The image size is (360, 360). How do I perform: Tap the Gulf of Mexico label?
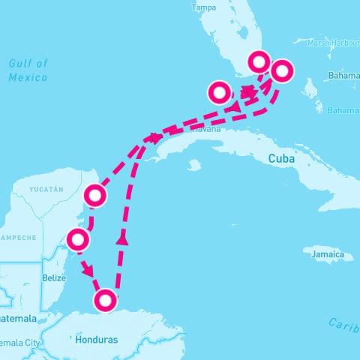tap(28, 70)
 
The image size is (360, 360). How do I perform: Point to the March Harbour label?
tap(333, 42)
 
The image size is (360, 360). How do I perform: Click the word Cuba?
tap(281, 160)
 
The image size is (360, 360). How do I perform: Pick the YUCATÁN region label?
tap(46, 190)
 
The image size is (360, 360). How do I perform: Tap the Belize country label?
tap(54, 277)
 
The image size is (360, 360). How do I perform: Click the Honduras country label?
tap(97, 340)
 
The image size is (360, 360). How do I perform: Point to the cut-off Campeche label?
tap(18, 238)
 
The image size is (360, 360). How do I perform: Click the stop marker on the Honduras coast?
tap(106, 301)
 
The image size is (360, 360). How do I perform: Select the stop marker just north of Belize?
tap(78, 240)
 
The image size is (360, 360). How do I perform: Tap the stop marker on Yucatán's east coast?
tap(94, 196)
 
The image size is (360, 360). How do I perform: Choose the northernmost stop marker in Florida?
tap(259, 61)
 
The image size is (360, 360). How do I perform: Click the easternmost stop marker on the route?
tap(282, 72)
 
